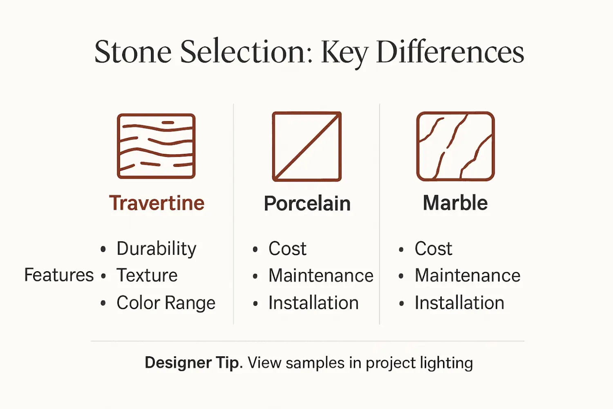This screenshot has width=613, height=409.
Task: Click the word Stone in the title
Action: pyautogui.click(x=133, y=52)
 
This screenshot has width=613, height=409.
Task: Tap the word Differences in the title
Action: pyautogui.click(x=450, y=52)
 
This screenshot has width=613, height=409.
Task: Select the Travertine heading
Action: pyautogui.click(x=157, y=203)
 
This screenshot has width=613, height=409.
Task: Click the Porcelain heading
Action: pyautogui.click(x=307, y=203)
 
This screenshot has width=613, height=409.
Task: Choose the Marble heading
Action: pyautogui.click(x=455, y=203)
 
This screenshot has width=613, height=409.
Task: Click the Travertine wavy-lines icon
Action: pyautogui.click(x=156, y=146)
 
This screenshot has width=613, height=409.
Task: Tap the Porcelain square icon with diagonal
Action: pyautogui.click(x=306, y=146)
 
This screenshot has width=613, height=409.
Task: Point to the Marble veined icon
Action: pyautogui.click(x=455, y=146)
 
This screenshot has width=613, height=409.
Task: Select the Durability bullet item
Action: pyautogui.click(x=156, y=249)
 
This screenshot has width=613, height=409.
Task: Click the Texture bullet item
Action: pyautogui.click(x=147, y=275)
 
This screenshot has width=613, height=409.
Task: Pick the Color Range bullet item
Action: pyautogui.click(x=166, y=303)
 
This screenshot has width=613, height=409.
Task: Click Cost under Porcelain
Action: pyautogui.click(x=287, y=249)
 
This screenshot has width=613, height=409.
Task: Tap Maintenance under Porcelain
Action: pyautogui.click(x=320, y=275)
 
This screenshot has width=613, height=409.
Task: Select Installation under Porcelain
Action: pyautogui.click(x=313, y=303)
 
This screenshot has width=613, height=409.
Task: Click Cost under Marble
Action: pyautogui.click(x=433, y=249)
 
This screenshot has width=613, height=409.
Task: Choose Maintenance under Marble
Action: pyautogui.click(x=467, y=275)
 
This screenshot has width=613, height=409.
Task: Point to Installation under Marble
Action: pyautogui.click(x=459, y=303)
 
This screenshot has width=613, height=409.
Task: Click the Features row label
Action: pyautogui.click(x=59, y=275)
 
